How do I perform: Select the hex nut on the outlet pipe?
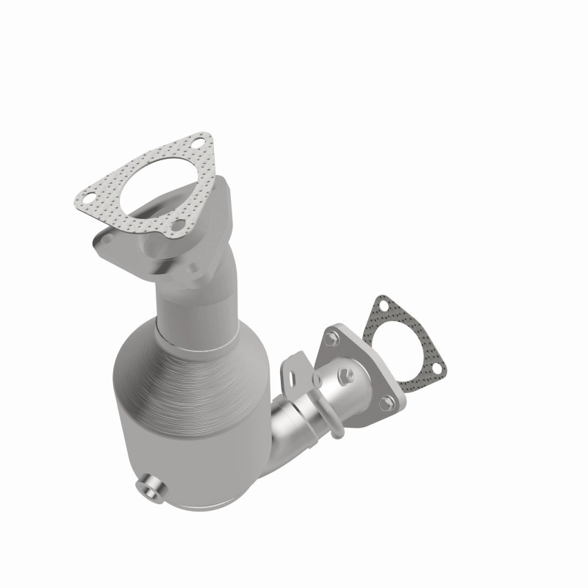coord(345,376)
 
